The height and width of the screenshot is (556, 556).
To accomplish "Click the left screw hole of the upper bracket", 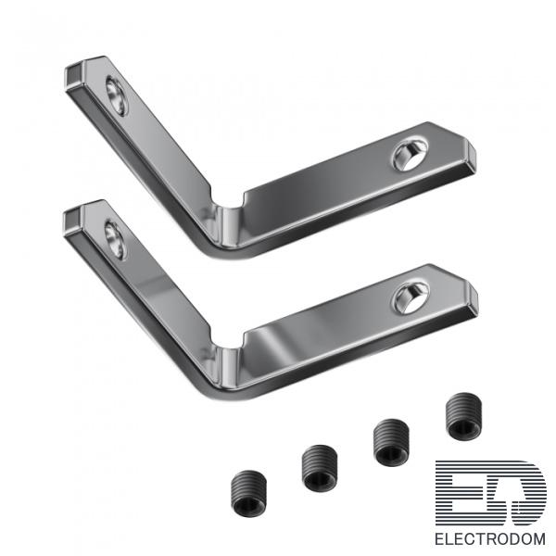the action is coord(116,95).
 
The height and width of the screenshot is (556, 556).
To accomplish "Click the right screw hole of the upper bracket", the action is coord(410,155).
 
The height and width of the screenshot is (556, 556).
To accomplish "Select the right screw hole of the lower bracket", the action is coord(411,297).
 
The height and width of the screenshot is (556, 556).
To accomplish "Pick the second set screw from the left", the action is coord(320,468).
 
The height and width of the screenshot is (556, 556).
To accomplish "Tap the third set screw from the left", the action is coord(391,442).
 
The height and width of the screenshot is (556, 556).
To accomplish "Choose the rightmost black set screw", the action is coord(463,416).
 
